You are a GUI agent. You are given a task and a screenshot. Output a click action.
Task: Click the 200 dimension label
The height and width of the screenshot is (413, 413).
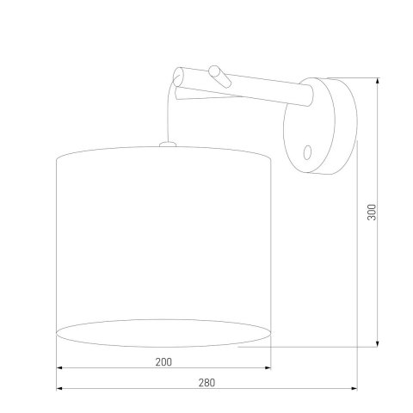click(x=163, y=362)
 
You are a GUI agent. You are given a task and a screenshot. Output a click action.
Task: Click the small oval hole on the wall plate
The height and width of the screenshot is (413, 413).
click(x=308, y=153)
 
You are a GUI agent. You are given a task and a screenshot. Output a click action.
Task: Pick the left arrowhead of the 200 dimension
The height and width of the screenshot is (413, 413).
click(x=59, y=370)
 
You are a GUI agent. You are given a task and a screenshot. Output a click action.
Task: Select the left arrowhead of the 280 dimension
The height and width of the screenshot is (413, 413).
click(x=59, y=390)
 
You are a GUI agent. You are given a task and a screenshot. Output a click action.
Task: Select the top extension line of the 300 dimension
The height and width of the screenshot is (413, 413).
click(x=357, y=76)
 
